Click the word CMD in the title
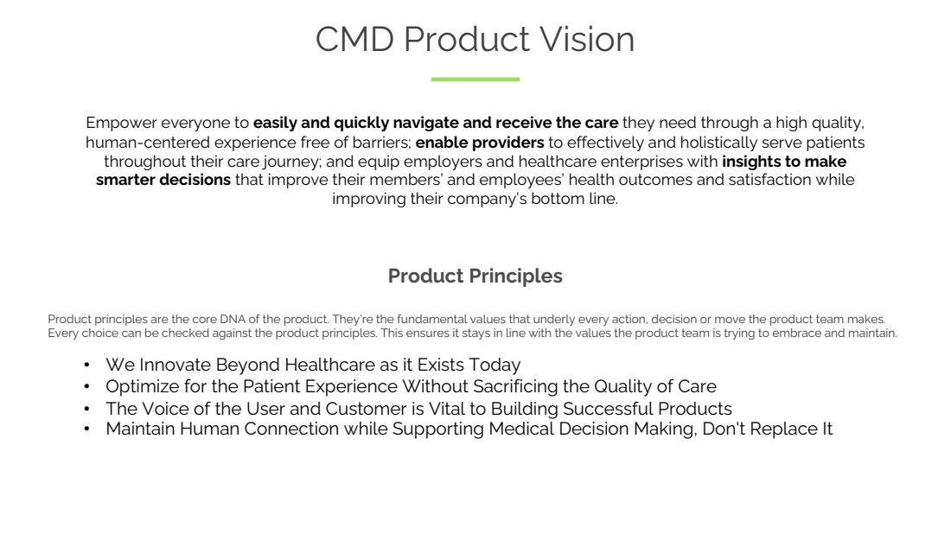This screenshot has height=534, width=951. point(354,40)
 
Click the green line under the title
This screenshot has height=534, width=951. point(475,79)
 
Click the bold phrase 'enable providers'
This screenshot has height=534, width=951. point(480,143)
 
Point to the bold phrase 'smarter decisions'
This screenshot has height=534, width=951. point(163,180)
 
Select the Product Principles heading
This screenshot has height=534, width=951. point(475,277)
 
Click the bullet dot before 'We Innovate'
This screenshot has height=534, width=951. point(86,365)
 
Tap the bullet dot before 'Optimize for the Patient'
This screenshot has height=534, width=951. point(86,387)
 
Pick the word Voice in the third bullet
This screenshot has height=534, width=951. point(160,409)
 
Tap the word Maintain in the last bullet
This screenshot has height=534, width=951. point(140,429)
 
